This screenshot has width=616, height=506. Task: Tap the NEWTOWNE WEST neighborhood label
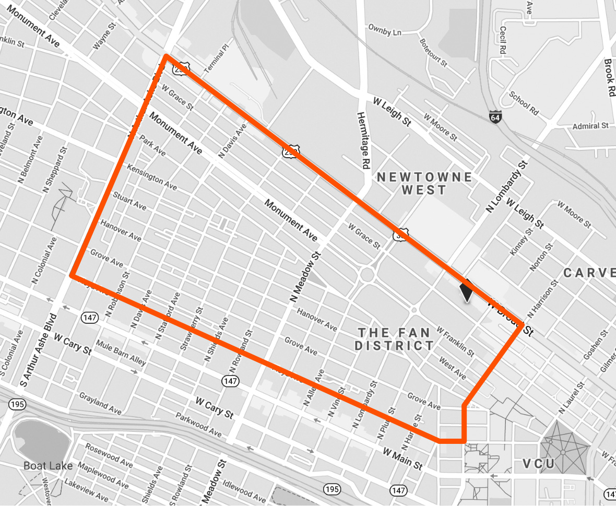coord(424,183)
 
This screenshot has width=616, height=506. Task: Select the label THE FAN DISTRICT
coord(394,339)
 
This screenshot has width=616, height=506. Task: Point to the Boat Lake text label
coord(48,466)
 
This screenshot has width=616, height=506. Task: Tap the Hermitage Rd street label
coord(361,139)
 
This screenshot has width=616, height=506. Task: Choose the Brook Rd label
coord(609,77)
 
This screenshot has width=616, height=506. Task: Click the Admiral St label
coord(590,126)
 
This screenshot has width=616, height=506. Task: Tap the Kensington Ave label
coord(152,178)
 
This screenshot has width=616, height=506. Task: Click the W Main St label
coord(402,458)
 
